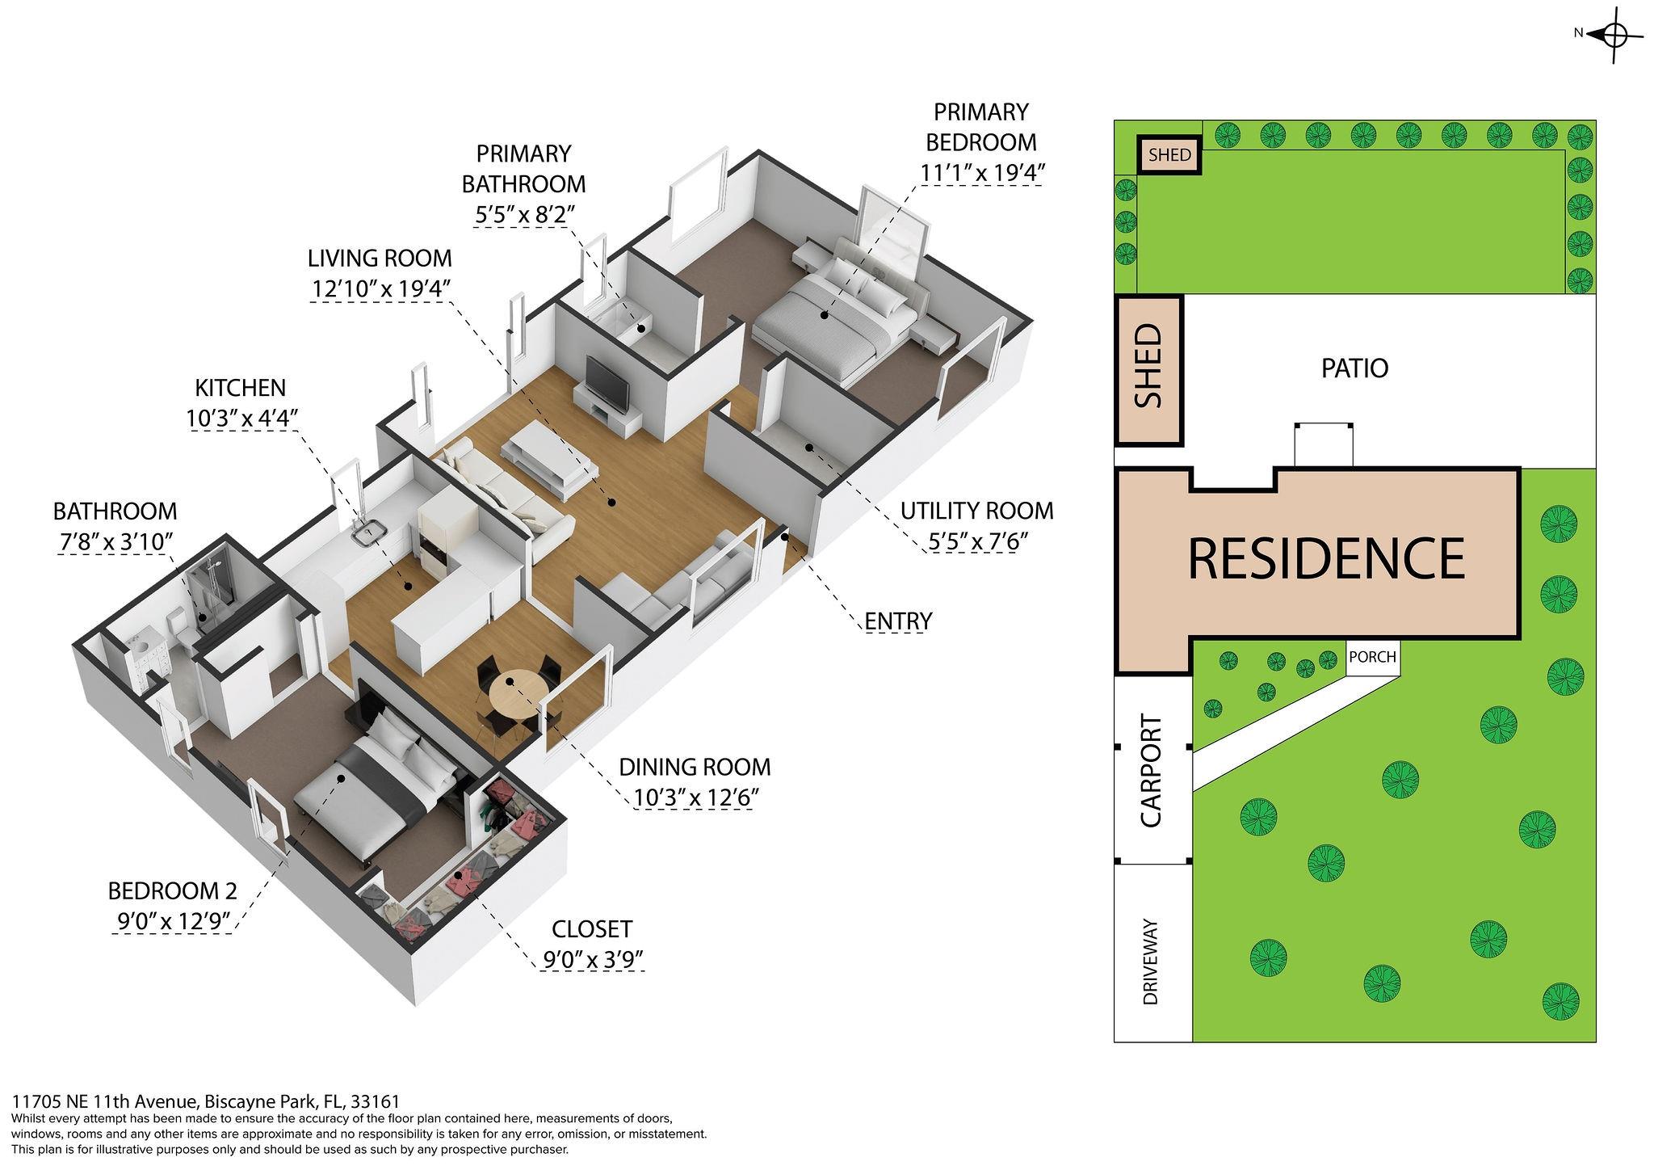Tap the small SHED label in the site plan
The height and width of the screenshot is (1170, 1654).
coord(1169,154)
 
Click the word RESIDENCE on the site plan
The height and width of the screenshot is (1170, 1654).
coord(1326,557)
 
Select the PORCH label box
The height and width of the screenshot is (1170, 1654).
coord(1372,657)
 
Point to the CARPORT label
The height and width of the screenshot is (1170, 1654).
coord(1150,771)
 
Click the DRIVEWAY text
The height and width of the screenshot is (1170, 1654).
coord(1151,962)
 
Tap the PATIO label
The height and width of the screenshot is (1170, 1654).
coord(1354,368)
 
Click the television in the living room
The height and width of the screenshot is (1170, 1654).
coord(607,383)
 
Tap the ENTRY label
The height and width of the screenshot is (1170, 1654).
coord(898,621)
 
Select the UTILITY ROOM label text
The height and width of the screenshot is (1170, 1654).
coord(977,511)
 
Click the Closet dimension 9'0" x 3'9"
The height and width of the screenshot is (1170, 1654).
coord(593,960)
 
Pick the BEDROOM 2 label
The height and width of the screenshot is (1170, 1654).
coord(173,891)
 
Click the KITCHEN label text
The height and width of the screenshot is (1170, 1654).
coord(241,388)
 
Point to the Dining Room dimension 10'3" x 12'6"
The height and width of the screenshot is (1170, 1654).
coord(695,798)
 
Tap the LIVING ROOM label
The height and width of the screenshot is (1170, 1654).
coord(380,259)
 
